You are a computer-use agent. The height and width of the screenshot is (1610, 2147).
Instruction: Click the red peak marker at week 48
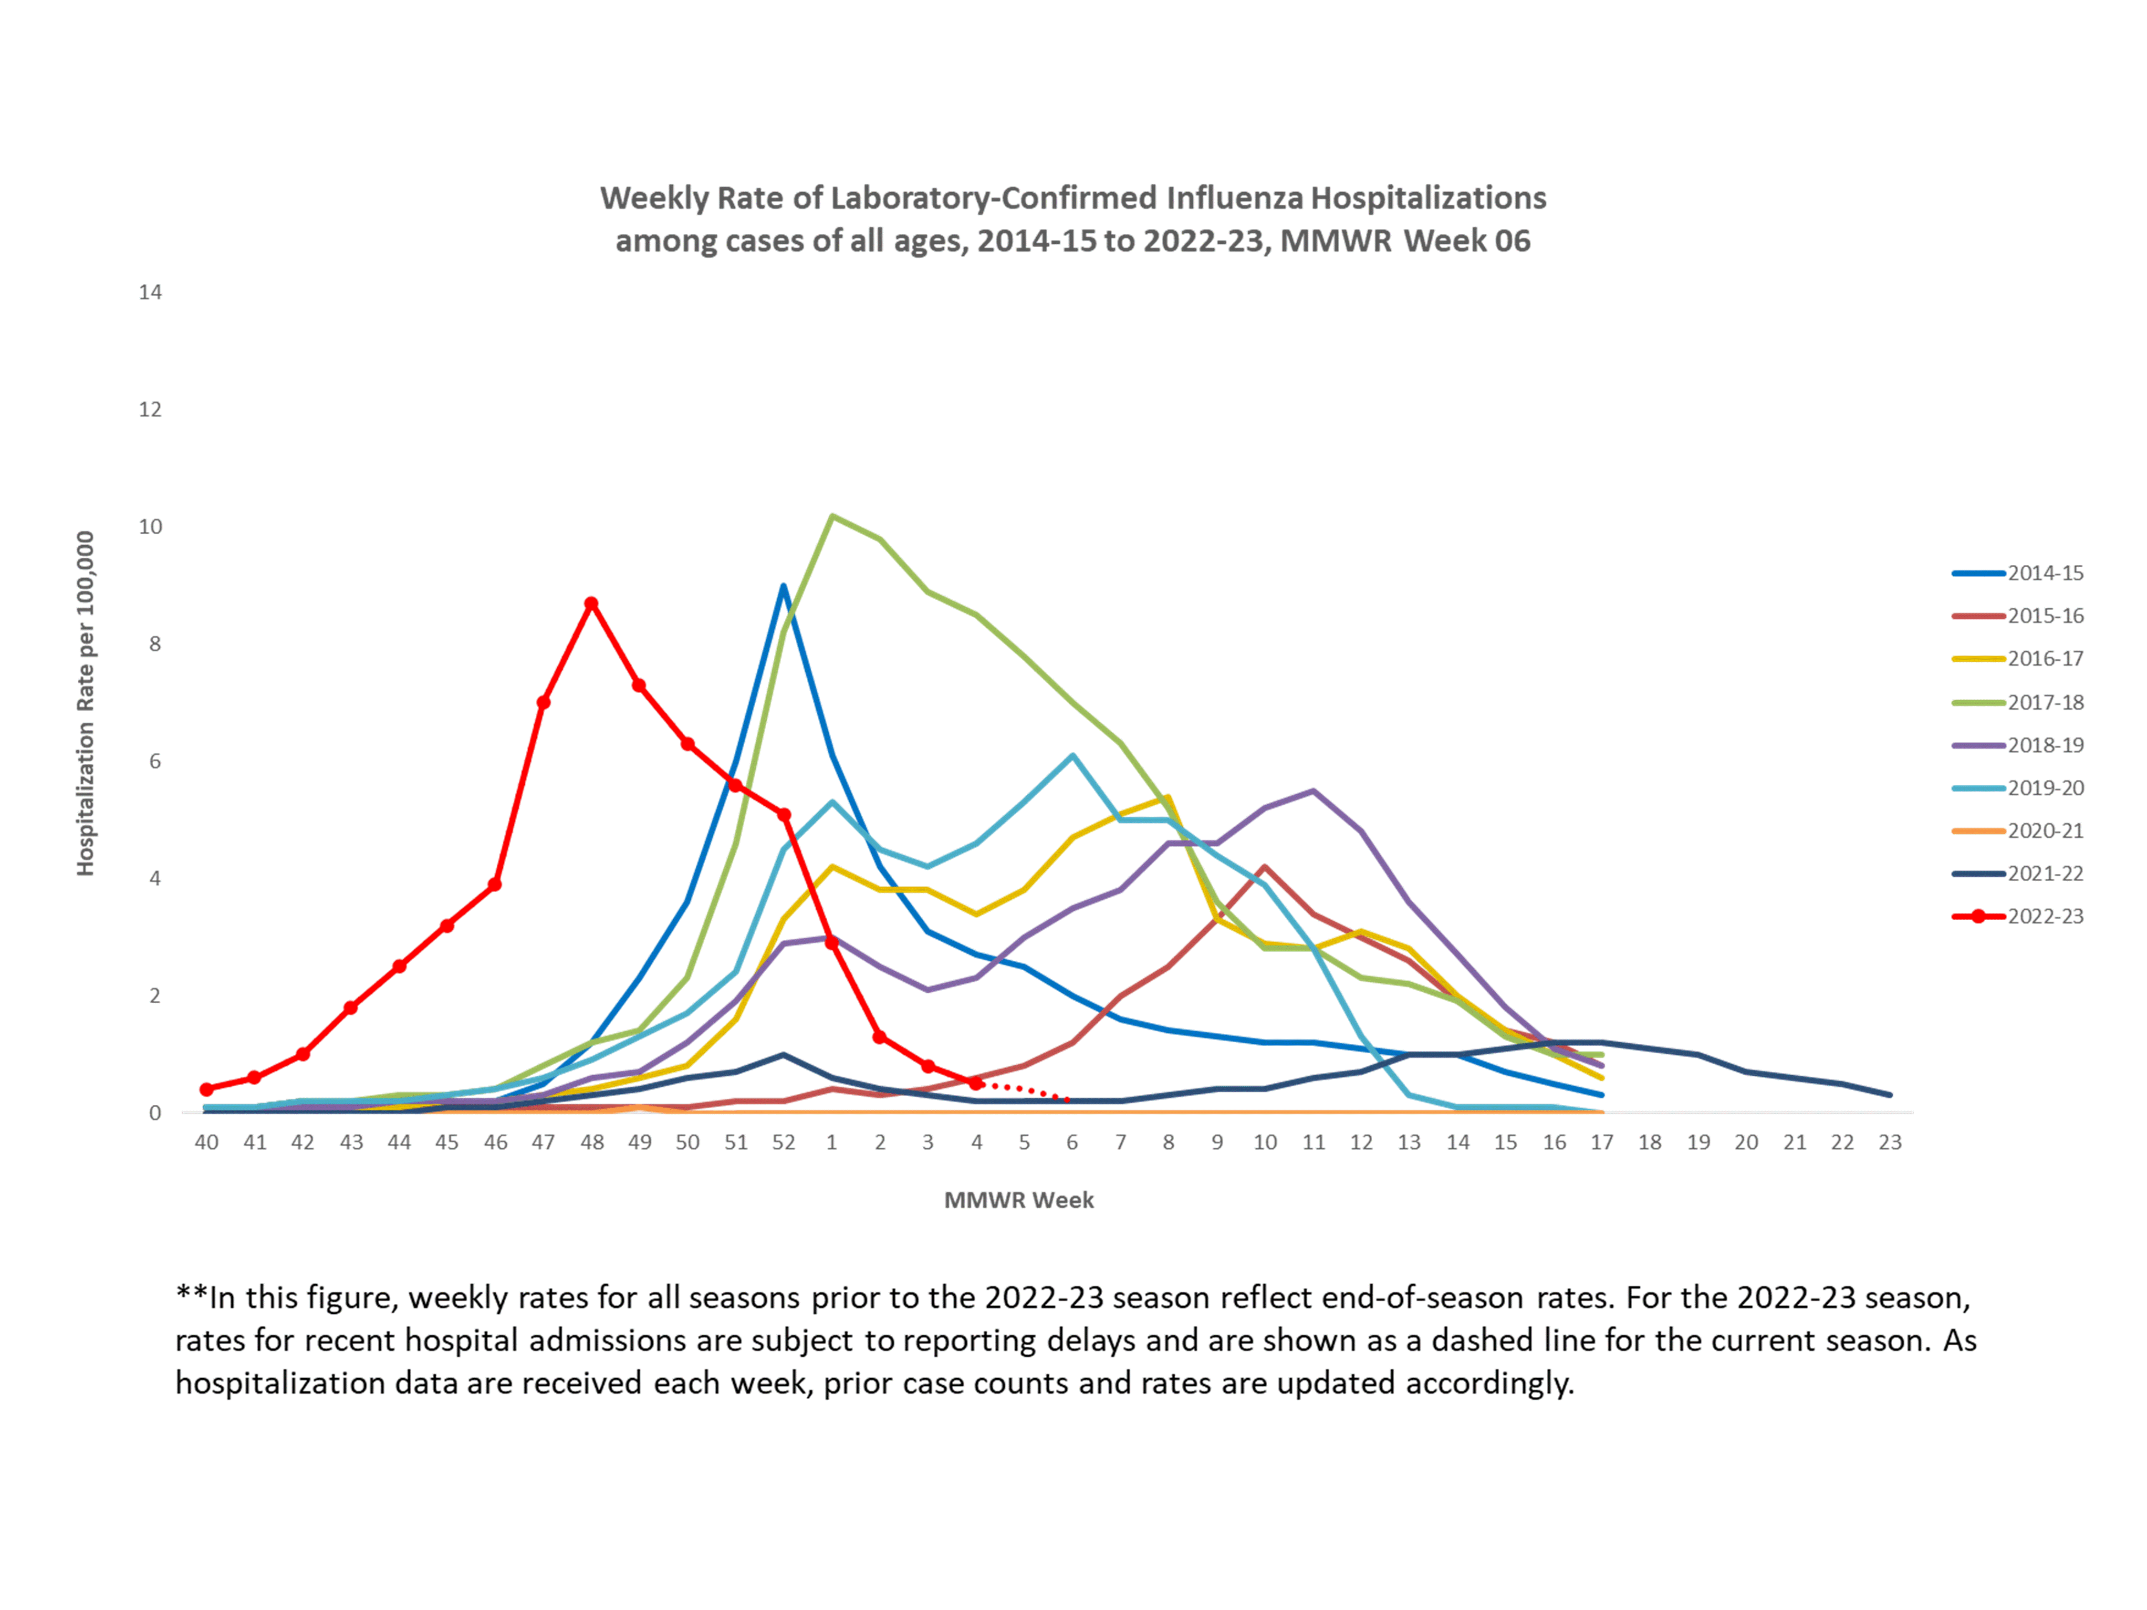(591, 603)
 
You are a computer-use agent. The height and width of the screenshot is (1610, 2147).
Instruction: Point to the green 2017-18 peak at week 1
(832, 516)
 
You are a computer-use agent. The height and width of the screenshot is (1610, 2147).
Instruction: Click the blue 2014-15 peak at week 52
(783, 586)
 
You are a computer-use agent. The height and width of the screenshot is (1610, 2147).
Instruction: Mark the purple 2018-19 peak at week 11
(1313, 791)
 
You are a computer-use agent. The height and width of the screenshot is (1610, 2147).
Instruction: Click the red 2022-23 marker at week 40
(207, 1089)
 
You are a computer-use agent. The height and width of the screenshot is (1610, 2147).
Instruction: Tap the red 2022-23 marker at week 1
(832, 942)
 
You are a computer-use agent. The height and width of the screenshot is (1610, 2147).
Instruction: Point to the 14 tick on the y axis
(150, 292)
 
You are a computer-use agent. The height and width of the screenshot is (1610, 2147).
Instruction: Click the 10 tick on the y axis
(150, 527)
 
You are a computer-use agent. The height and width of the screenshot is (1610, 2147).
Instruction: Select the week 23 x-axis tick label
(1890, 1142)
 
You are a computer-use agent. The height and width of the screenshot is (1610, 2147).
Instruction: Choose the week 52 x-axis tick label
(783, 1142)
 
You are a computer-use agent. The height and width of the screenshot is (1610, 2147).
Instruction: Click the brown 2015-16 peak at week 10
(1265, 867)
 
